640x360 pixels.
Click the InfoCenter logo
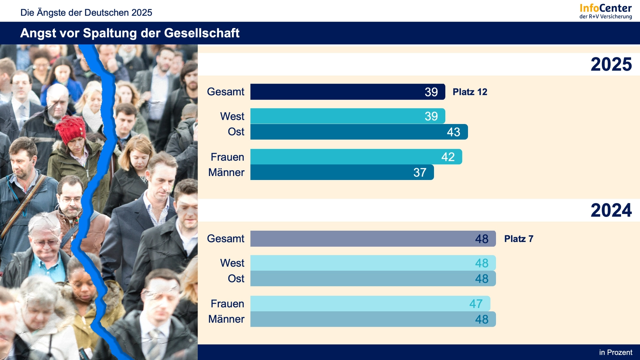605,11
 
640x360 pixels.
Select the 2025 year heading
611,64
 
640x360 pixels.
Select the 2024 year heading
611,210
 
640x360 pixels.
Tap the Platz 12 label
470,92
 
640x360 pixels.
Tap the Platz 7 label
519,239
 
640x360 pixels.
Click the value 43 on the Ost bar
453,132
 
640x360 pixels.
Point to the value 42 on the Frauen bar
448,157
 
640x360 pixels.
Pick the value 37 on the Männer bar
420,172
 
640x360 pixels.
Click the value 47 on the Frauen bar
476,304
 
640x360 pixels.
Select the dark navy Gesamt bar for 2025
348,92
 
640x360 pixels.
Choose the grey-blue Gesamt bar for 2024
373,239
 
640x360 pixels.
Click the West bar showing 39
348,116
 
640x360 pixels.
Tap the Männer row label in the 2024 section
226,319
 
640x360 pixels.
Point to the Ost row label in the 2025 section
236,132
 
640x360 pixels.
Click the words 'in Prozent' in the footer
615,352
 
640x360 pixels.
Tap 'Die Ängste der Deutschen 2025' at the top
86,13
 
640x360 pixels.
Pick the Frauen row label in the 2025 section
227,157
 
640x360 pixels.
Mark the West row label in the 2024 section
232,263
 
